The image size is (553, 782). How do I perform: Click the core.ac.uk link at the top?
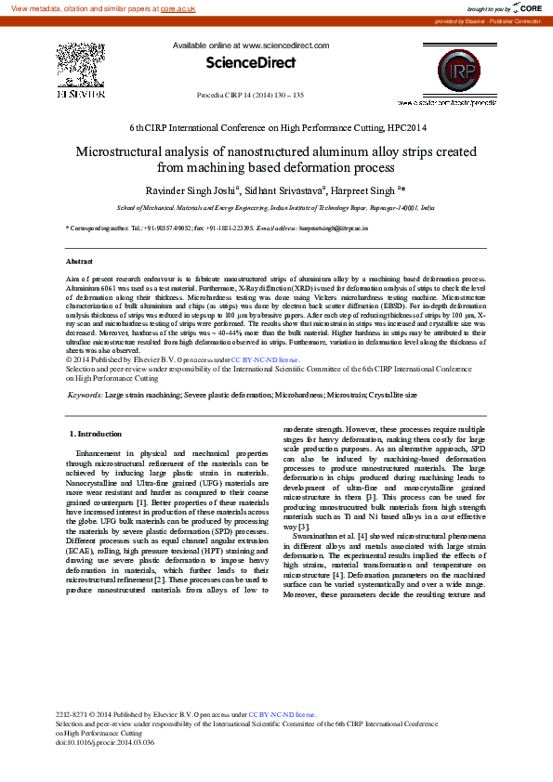(x=178, y=7)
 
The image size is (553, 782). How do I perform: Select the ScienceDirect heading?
(x=250, y=63)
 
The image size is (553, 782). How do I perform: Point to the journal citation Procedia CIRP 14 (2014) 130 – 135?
(x=251, y=95)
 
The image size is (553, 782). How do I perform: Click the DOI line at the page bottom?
(x=105, y=742)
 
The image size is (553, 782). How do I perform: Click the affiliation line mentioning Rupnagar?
(x=276, y=209)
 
